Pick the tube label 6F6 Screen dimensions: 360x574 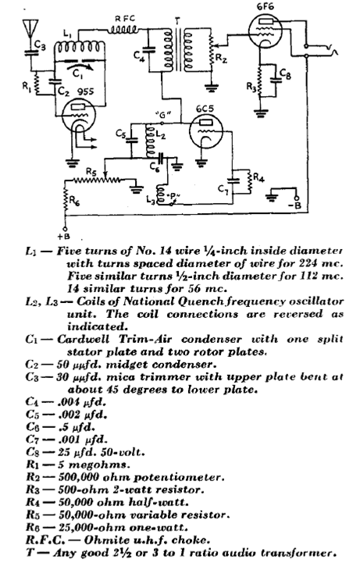coord(266,6)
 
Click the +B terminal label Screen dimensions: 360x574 coord(64,237)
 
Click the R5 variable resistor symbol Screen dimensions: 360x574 coord(98,180)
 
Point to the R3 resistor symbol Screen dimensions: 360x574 coord(259,80)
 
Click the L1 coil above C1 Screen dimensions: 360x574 coord(80,47)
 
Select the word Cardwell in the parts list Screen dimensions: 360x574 coord(83,339)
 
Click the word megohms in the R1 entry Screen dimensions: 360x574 coord(99,465)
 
